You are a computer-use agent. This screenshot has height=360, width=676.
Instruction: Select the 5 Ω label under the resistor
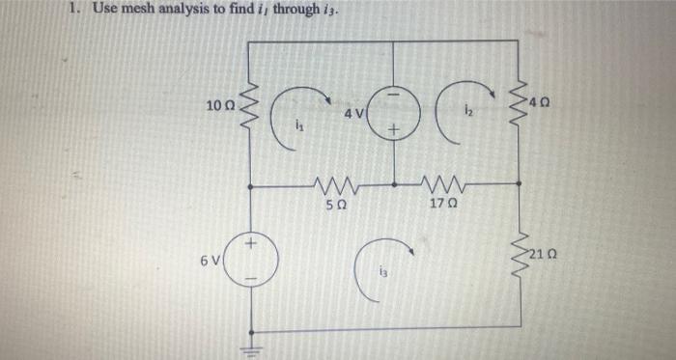point(332,204)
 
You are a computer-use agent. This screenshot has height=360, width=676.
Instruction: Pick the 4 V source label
point(354,114)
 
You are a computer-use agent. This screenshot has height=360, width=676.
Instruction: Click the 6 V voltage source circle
point(253,259)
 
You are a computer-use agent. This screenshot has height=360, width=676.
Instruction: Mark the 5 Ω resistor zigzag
point(331,182)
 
